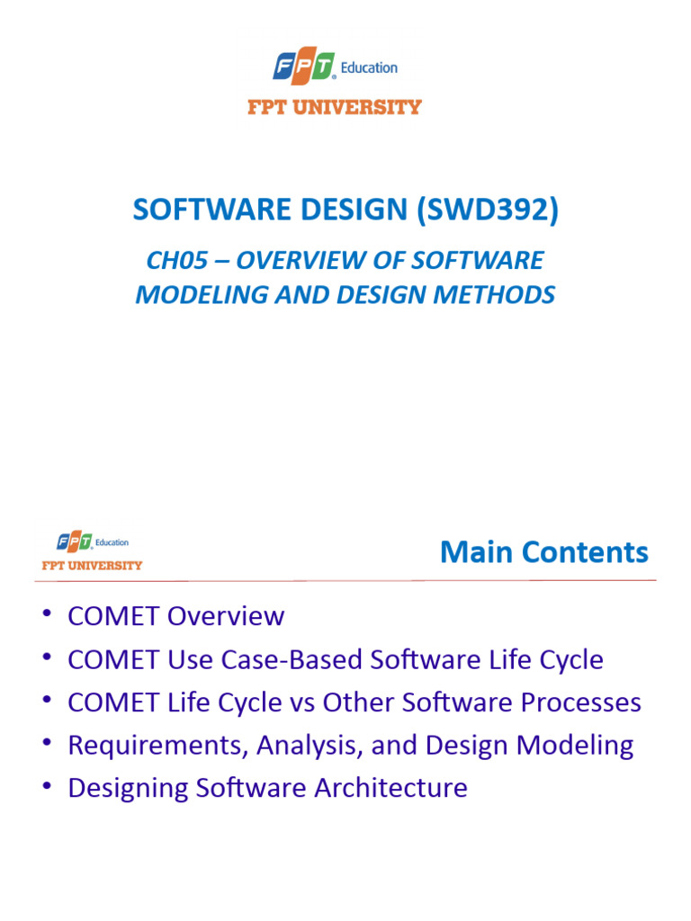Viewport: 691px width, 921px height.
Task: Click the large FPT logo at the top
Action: click(x=304, y=67)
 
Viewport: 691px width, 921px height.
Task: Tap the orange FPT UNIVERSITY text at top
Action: click(x=334, y=107)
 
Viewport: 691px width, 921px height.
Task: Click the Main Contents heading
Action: click(x=543, y=551)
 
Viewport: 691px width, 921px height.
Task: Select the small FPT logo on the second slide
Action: click(x=75, y=541)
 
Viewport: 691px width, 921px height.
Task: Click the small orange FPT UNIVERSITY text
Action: click(x=92, y=566)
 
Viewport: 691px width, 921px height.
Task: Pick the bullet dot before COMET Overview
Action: click(x=47, y=614)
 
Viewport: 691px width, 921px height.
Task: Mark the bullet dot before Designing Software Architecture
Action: click(x=47, y=787)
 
